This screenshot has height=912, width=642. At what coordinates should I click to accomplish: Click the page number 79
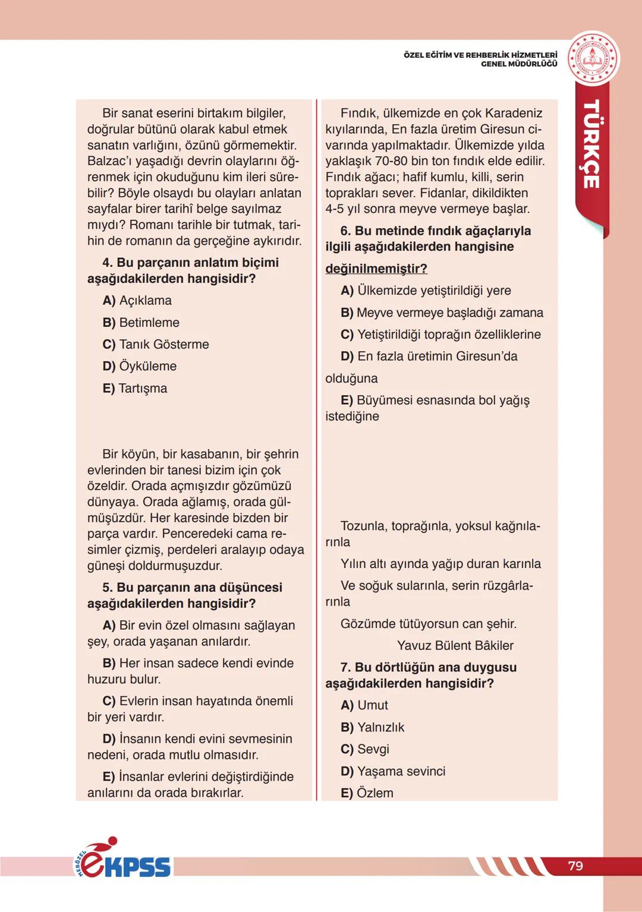(575, 866)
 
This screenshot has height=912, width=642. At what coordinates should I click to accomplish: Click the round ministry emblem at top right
(593, 59)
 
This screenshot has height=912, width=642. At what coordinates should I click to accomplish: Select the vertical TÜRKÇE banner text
(591, 144)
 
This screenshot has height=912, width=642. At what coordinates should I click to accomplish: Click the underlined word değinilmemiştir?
(376, 269)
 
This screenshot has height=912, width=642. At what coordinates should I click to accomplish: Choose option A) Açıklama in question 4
(137, 301)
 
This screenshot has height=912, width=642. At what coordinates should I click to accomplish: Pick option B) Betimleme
(141, 323)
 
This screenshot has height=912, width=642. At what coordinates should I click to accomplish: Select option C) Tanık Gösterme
(156, 345)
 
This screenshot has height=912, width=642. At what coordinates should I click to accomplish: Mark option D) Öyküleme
(140, 366)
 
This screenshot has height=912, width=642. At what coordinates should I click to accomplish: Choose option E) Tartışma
(135, 389)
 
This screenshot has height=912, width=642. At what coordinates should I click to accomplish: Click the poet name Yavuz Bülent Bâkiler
(455, 646)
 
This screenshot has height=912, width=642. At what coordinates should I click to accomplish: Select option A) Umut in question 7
(364, 705)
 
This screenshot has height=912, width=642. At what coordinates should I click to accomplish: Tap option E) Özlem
(367, 793)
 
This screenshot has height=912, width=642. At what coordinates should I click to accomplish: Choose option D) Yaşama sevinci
(393, 771)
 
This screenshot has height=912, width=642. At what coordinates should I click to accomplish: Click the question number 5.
(107, 588)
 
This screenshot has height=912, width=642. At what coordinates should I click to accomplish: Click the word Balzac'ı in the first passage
(111, 161)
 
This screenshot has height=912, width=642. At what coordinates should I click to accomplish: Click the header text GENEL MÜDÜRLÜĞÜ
(519, 64)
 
